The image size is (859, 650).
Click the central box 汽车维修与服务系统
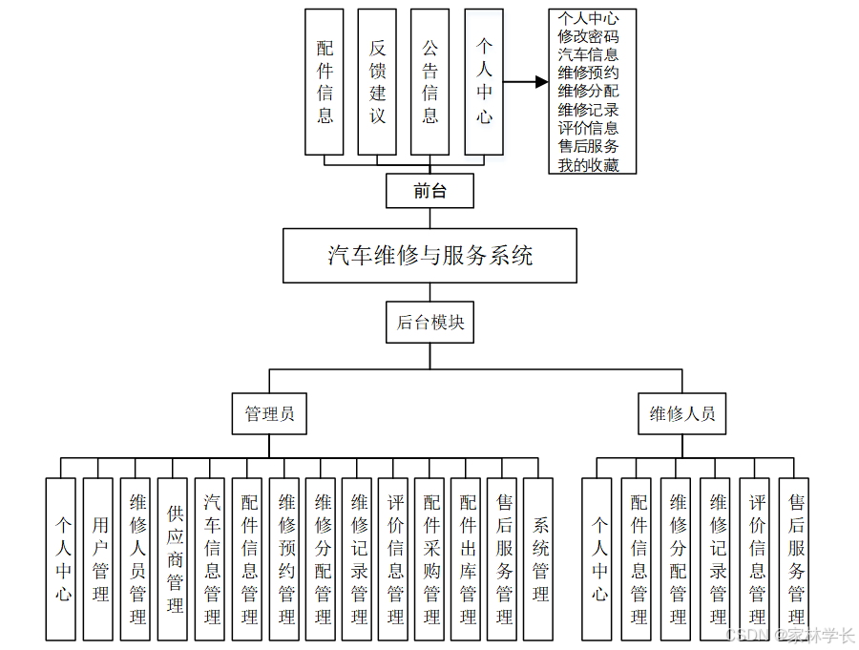(x=429, y=256)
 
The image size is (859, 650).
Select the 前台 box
(x=429, y=191)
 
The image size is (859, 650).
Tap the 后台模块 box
(x=429, y=323)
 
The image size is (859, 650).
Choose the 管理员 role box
(x=269, y=414)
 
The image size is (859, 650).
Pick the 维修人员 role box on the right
(x=681, y=414)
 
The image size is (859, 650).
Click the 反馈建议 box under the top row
(x=378, y=82)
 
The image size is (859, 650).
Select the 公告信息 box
(x=430, y=82)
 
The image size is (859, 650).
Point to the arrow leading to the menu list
(x=526, y=83)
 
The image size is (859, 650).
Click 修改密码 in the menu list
(x=588, y=36)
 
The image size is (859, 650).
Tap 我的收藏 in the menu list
(x=588, y=165)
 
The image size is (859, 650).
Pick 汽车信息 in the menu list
(x=588, y=54)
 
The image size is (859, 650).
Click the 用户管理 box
(x=98, y=558)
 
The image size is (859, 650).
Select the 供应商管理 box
(x=173, y=558)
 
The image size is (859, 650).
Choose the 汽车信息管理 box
(x=210, y=558)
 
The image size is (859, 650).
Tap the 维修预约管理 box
(x=284, y=558)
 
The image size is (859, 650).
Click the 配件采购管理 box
(x=431, y=558)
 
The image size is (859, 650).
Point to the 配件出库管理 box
(x=468, y=558)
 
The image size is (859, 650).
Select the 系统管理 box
(x=540, y=558)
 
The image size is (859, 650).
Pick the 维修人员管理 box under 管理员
(x=136, y=558)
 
